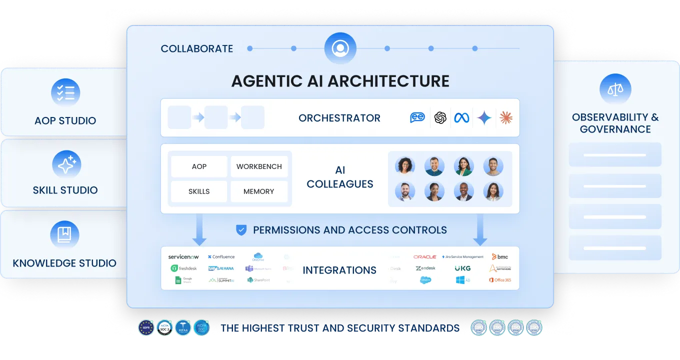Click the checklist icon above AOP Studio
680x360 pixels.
click(65, 92)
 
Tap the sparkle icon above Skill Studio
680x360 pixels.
click(66, 164)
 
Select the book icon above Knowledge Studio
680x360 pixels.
click(65, 234)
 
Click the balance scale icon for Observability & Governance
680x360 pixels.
click(615, 89)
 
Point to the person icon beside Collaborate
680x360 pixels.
click(340, 48)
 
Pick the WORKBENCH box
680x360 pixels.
click(259, 166)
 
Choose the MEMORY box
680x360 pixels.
click(258, 191)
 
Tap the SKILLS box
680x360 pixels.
click(199, 191)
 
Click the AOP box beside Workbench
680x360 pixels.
click(199, 166)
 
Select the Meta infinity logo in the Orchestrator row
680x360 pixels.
click(461, 118)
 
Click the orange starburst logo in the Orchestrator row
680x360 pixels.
click(506, 118)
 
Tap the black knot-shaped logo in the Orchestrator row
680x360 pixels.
click(440, 118)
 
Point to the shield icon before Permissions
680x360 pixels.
click(241, 230)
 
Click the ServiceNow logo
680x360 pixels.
click(183, 257)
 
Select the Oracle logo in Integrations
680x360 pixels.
click(424, 257)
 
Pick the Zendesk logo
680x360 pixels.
click(425, 268)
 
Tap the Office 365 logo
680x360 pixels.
click(500, 280)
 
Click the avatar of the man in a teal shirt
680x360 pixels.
click(434, 166)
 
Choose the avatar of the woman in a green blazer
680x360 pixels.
click(463, 166)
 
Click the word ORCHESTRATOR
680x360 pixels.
click(339, 118)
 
